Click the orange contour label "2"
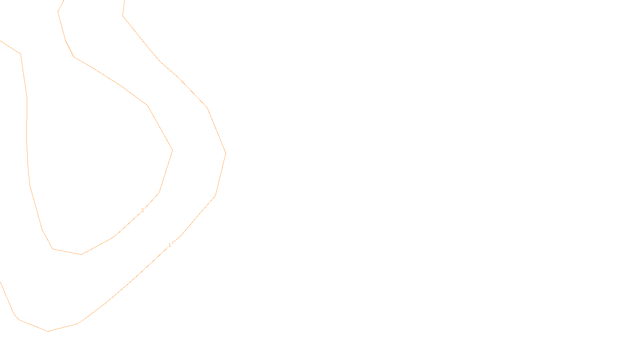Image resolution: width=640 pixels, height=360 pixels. [142, 210]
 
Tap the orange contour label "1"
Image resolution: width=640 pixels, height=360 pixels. [170, 245]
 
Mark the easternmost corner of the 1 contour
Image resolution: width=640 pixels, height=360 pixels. [226, 153]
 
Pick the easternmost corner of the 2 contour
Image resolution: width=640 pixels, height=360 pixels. [172, 150]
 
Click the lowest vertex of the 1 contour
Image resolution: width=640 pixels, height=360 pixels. [48, 331]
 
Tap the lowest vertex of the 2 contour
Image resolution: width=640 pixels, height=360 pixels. [81, 254]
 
